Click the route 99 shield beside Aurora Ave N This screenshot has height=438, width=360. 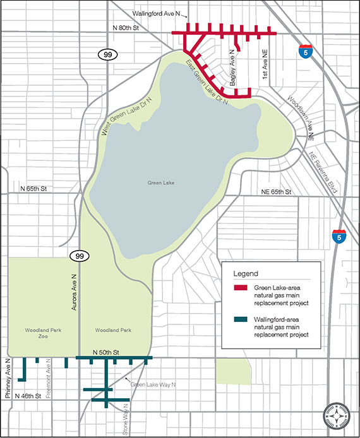[x=80, y=256]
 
